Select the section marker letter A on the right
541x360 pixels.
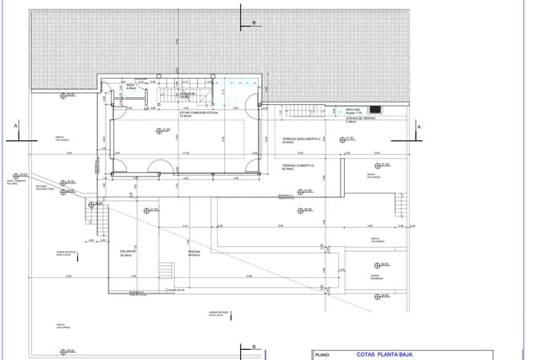coord(418,126)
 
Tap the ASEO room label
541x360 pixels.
coord(131,86)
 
